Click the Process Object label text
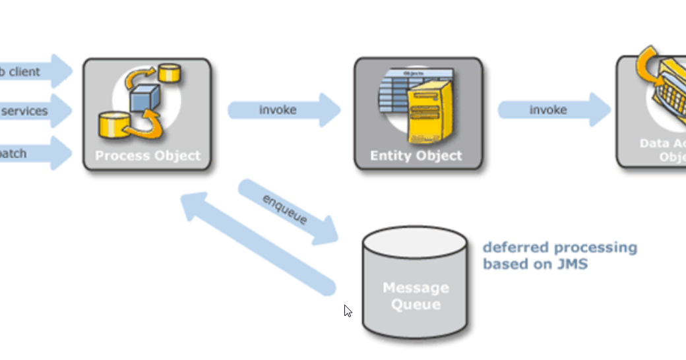click(147, 156)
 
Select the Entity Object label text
click(416, 156)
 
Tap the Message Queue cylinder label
click(416, 296)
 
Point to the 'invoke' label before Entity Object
click(278, 110)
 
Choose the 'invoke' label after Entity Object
click(548, 109)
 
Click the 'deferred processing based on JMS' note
click(559, 256)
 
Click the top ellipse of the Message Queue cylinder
click(415, 241)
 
